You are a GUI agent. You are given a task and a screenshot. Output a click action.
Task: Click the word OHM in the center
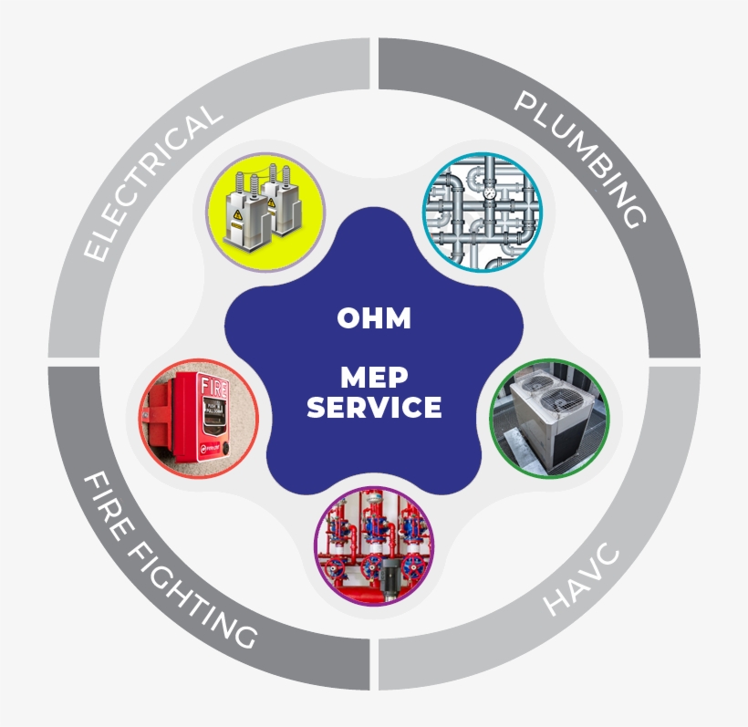[374, 317]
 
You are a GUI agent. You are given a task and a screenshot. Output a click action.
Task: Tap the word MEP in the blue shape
[375, 378]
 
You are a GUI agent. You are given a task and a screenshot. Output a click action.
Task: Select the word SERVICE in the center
[374, 407]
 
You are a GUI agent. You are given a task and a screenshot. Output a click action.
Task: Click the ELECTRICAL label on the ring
[152, 182]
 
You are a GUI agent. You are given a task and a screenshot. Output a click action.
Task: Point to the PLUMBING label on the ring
[580, 159]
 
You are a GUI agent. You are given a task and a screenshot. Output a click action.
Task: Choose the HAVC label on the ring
[581, 578]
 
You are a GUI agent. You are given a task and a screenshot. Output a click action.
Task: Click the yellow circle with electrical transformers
[265, 213]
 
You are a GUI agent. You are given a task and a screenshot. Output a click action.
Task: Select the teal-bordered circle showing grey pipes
[483, 213]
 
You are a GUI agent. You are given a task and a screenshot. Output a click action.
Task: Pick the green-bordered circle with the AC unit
[549, 419]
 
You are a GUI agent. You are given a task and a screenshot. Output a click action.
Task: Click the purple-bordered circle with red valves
[374, 546]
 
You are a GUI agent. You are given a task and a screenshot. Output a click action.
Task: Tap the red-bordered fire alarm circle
[199, 419]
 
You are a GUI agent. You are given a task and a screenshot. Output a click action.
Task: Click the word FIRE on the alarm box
[214, 387]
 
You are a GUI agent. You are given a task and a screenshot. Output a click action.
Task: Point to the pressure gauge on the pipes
[490, 192]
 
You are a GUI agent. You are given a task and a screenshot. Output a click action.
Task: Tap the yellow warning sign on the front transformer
[237, 215]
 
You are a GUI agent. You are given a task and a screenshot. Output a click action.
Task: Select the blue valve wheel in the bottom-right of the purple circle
[413, 566]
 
